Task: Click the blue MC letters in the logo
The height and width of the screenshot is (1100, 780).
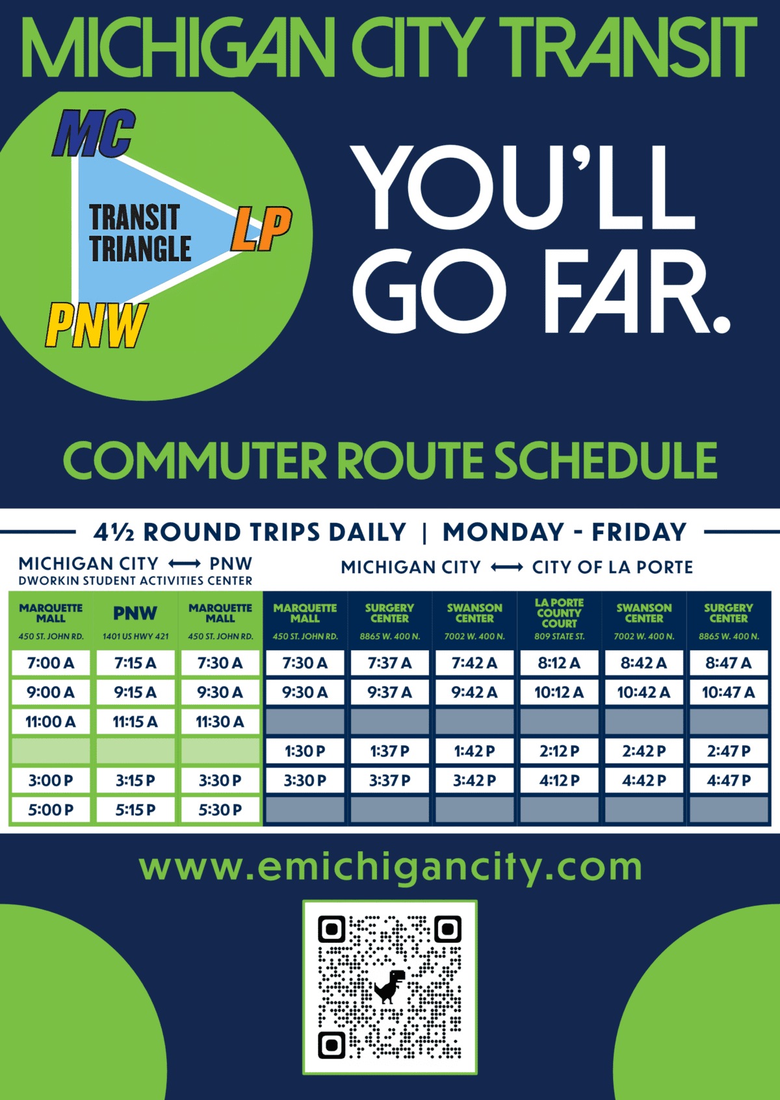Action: click(94, 134)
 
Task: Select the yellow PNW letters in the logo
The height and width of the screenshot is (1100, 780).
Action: click(97, 325)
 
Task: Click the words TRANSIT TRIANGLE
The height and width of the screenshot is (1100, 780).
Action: click(139, 233)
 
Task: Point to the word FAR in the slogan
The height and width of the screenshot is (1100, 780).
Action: click(638, 291)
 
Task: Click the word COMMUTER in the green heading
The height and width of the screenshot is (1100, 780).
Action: click(194, 461)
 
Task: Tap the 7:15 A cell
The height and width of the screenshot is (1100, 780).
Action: click(135, 663)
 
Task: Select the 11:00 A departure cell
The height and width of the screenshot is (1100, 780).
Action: click(51, 722)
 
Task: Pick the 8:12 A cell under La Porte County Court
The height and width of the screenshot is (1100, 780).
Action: click(559, 663)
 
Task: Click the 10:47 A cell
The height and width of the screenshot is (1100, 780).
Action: click(728, 693)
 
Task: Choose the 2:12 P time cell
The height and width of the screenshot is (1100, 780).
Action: click(559, 751)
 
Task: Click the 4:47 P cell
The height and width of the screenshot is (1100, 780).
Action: click(728, 780)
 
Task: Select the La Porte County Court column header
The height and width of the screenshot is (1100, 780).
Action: click(559, 613)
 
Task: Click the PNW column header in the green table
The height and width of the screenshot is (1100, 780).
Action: click(135, 613)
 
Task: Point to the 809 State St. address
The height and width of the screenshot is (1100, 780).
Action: click(559, 637)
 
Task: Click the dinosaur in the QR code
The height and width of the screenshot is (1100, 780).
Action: click(389, 986)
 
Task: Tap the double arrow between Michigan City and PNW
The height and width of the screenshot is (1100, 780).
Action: click(185, 564)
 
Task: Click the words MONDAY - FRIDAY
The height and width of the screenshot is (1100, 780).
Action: click(564, 533)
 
